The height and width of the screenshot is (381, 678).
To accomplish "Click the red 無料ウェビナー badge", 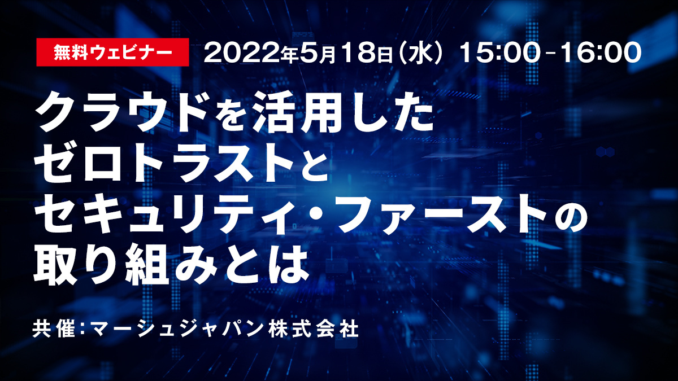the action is click(112, 52).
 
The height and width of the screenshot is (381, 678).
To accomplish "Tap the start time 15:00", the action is click(499, 53).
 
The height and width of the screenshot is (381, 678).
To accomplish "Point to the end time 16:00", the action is click(601, 53).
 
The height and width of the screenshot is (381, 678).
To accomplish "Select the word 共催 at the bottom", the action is click(54, 329).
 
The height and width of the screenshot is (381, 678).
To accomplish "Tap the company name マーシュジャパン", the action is click(177, 329).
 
